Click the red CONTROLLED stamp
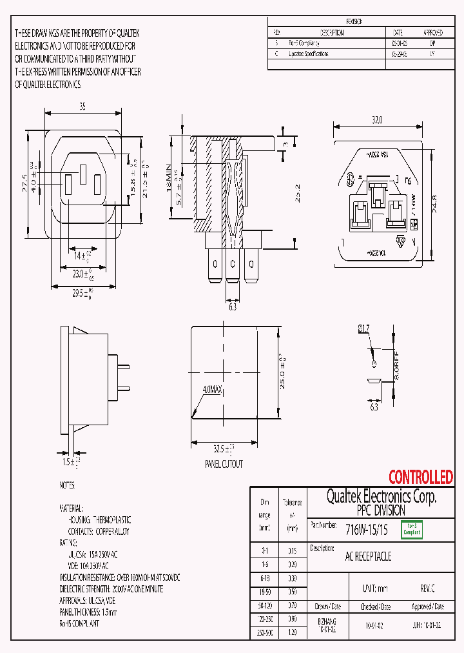click(420, 477)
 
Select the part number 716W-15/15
click(367, 530)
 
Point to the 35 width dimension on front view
click(82, 107)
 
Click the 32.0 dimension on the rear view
click(377, 120)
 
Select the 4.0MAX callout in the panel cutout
click(212, 390)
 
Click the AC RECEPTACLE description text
click(368, 556)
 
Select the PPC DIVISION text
click(381, 510)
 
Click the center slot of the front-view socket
click(82, 174)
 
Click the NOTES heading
click(67, 485)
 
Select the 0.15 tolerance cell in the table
click(292, 550)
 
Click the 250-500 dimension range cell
click(265, 633)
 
